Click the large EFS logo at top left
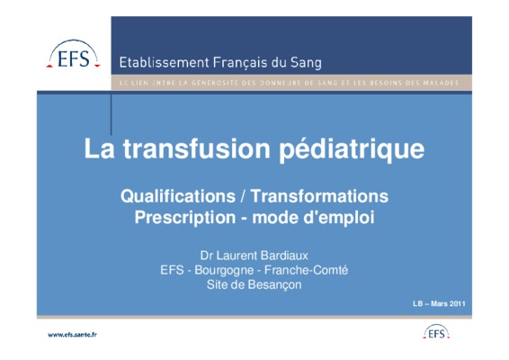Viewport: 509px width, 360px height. click(x=74, y=54)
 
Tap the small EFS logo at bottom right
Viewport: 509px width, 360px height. click(x=436, y=332)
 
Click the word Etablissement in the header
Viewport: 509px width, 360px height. click(x=164, y=62)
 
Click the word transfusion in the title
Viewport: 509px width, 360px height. click(x=197, y=148)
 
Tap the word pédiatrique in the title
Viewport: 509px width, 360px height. click(x=352, y=149)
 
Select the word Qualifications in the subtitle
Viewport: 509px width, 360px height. click(x=178, y=196)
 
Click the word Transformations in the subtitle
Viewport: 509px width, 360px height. click(x=320, y=196)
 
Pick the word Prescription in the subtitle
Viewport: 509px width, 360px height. click(x=185, y=218)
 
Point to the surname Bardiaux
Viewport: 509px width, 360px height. click(x=284, y=256)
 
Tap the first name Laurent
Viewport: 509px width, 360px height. click(x=237, y=256)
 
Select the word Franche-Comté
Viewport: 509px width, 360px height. click(x=306, y=270)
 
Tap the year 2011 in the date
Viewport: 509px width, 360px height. click(x=458, y=304)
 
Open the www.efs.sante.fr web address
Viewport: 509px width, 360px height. click(x=72, y=335)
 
